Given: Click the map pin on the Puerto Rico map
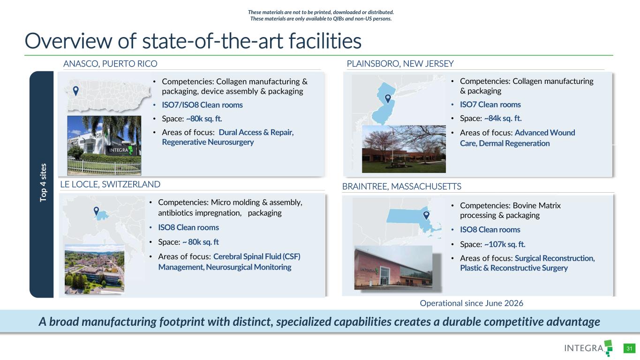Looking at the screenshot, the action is click(75, 91).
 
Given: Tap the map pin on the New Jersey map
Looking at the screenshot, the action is click(388, 98).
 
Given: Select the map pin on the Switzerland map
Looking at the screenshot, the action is click(96, 211).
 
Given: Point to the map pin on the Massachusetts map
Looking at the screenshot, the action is click(426, 215).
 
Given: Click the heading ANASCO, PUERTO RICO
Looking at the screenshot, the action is click(110, 63).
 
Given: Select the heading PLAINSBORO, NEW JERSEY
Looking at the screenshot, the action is click(400, 63).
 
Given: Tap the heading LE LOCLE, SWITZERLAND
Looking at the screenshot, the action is click(110, 184).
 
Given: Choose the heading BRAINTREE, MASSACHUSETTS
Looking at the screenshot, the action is click(401, 186).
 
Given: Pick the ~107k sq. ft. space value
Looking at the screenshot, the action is click(505, 244).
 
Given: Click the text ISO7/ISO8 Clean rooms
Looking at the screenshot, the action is click(202, 105).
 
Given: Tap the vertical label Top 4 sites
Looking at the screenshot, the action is click(43, 183).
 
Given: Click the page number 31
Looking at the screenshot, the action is click(629, 348).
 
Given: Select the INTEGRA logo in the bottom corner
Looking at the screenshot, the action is click(588, 348).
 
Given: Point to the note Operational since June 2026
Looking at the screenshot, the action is click(471, 303).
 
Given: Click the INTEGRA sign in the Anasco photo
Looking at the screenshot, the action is click(120, 150).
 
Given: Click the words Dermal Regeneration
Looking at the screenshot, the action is click(514, 143).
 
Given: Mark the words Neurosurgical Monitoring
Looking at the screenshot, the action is click(248, 267).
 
